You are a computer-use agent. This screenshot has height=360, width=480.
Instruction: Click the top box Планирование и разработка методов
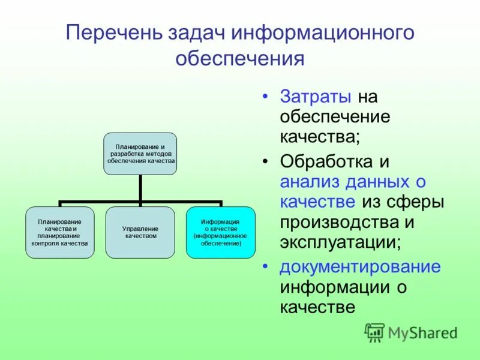[140, 154]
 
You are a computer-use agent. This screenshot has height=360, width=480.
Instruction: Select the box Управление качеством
[140, 232]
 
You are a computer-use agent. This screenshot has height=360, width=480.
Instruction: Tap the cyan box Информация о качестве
[220, 232]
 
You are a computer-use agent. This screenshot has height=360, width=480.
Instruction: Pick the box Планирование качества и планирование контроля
[60, 232]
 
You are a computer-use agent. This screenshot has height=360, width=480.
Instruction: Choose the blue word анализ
[305, 182]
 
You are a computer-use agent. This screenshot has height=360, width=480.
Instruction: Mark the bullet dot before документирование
[266, 267]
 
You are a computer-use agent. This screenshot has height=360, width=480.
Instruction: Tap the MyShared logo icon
[375, 332]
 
